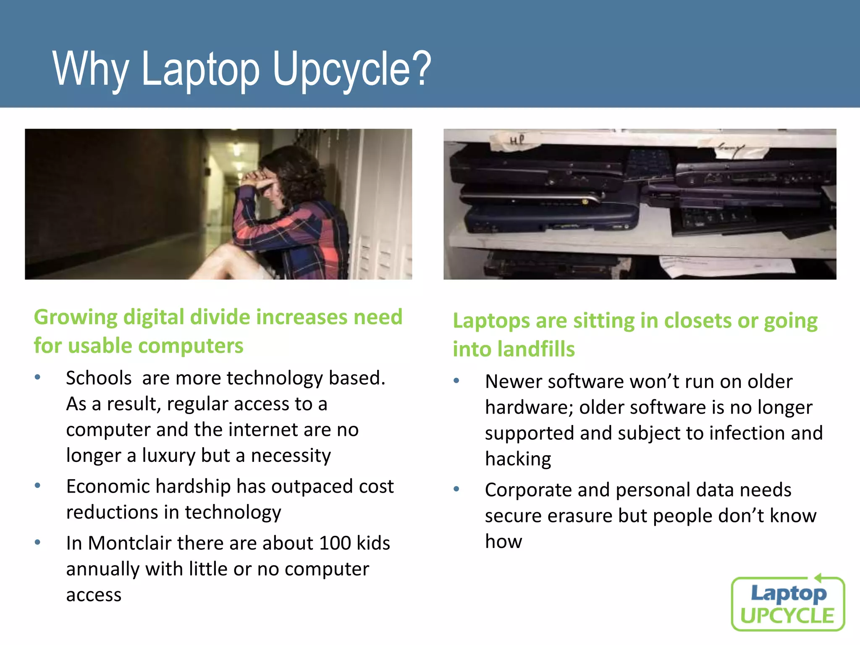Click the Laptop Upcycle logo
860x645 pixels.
tap(788, 604)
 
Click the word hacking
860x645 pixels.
tap(518, 459)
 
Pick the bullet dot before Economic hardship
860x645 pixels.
tap(38, 486)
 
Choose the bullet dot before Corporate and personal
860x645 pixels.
tap(456, 489)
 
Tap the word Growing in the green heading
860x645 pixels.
tap(76, 317)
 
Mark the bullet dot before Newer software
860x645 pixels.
tap(456, 381)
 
